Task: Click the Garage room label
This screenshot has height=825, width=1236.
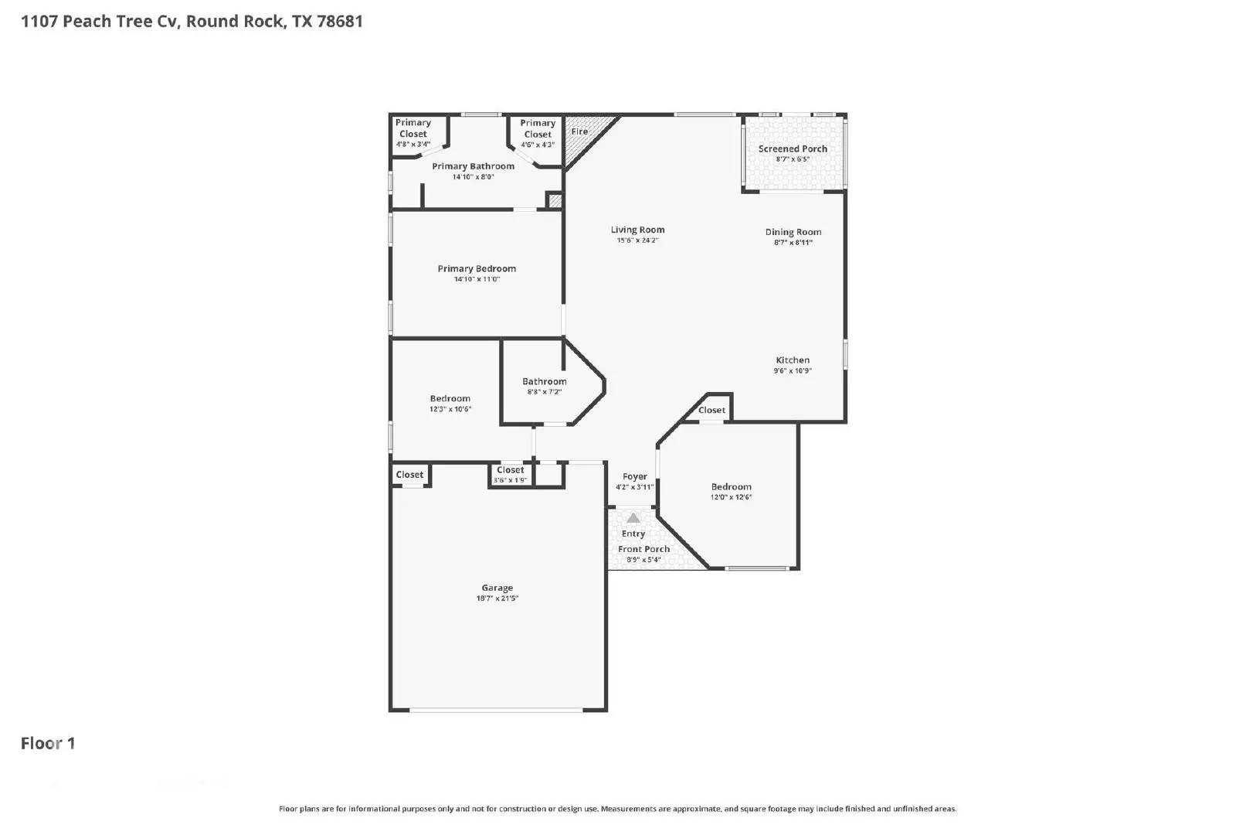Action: click(497, 588)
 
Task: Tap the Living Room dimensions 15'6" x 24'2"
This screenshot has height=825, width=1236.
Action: click(637, 240)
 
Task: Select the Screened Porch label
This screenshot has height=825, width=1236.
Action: click(793, 148)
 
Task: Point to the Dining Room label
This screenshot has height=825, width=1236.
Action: click(793, 232)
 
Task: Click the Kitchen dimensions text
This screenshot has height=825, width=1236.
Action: click(793, 370)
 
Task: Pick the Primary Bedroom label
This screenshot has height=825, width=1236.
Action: click(477, 269)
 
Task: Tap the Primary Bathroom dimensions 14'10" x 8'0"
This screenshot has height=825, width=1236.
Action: click(473, 177)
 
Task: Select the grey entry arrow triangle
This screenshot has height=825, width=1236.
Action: click(633, 518)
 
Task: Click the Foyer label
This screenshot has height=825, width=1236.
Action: click(634, 476)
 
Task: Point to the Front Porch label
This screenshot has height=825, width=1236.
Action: click(643, 549)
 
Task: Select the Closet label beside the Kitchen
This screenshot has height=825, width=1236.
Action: click(711, 411)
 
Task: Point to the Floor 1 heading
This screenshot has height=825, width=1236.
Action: click(48, 743)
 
